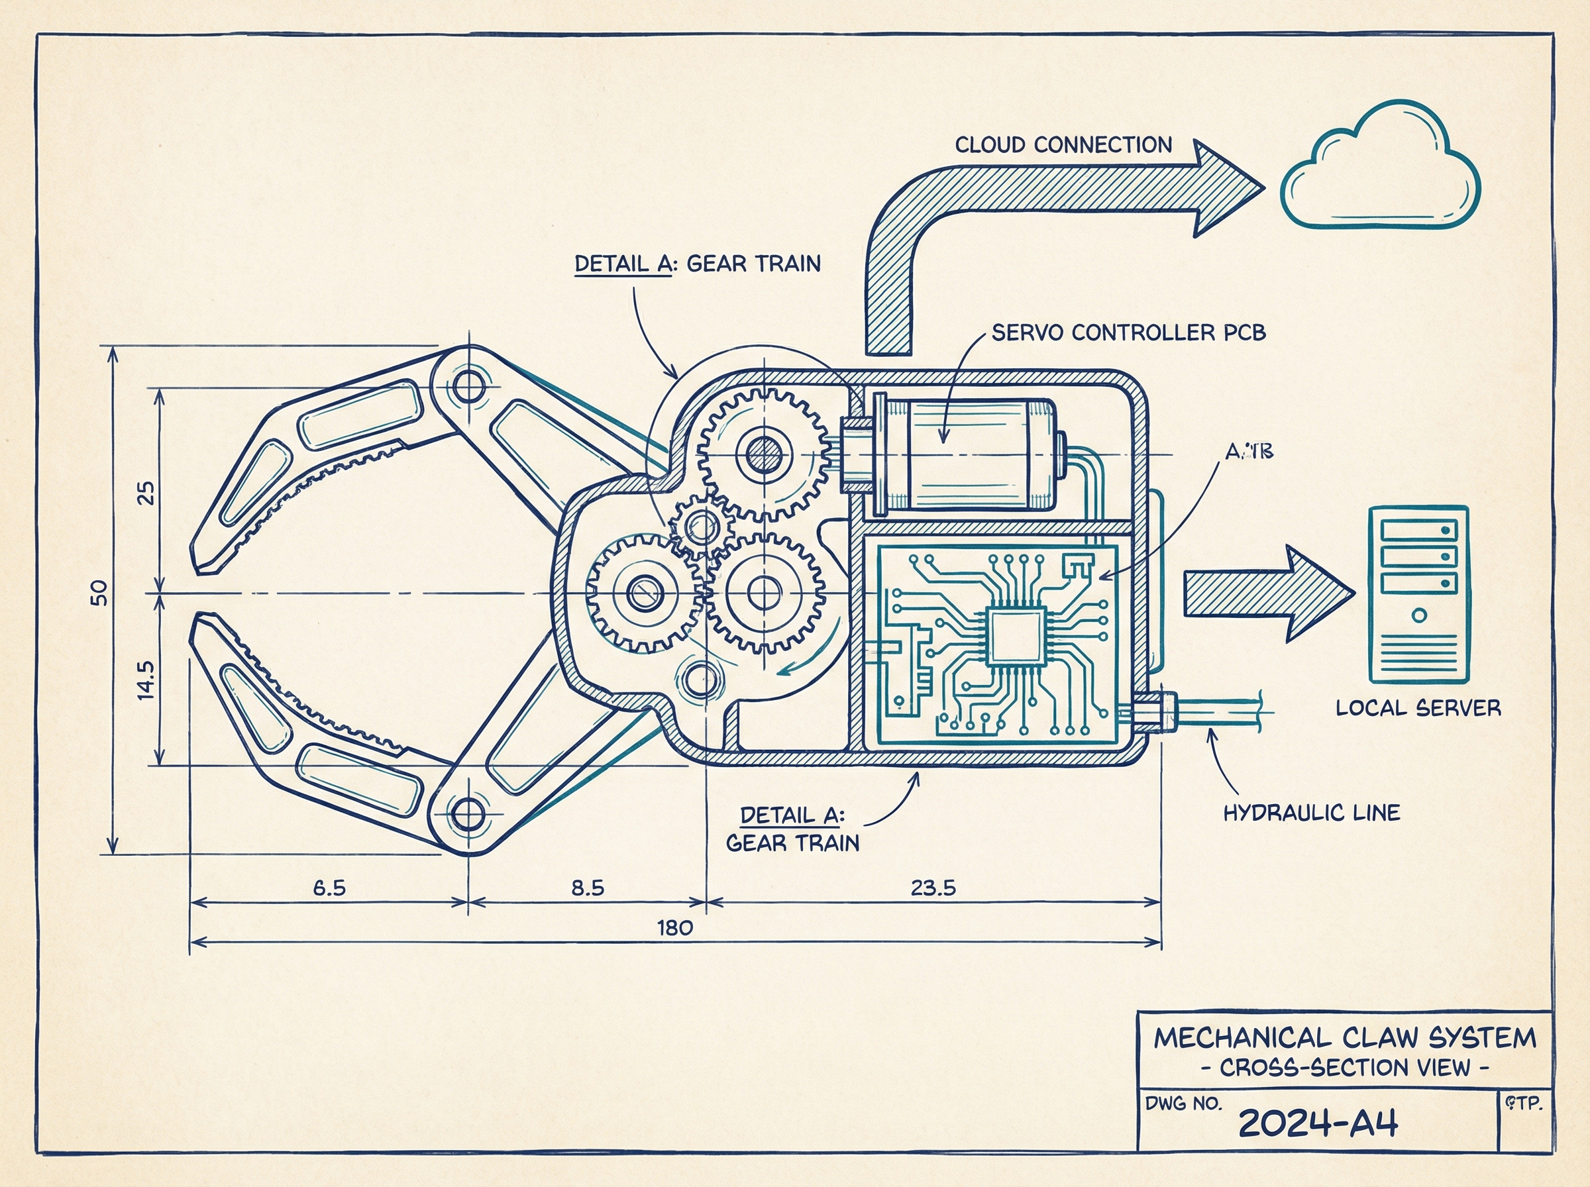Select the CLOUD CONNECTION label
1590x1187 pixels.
tap(1063, 145)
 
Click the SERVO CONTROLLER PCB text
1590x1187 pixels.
tap(1128, 333)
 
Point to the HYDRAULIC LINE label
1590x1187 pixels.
tap(1311, 813)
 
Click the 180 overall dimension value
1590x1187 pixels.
tap(674, 927)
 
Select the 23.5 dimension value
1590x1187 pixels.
tap(933, 888)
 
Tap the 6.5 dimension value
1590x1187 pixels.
tap(329, 888)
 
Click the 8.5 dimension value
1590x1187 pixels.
tap(587, 888)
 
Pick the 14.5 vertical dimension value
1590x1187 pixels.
tap(145, 680)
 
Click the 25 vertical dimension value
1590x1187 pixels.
tap(145, 492)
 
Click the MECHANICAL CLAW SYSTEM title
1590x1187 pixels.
tap(1344, 1038)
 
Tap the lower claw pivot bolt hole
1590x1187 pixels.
tap(468, 813)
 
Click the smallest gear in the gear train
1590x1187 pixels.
tap(700, 527)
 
